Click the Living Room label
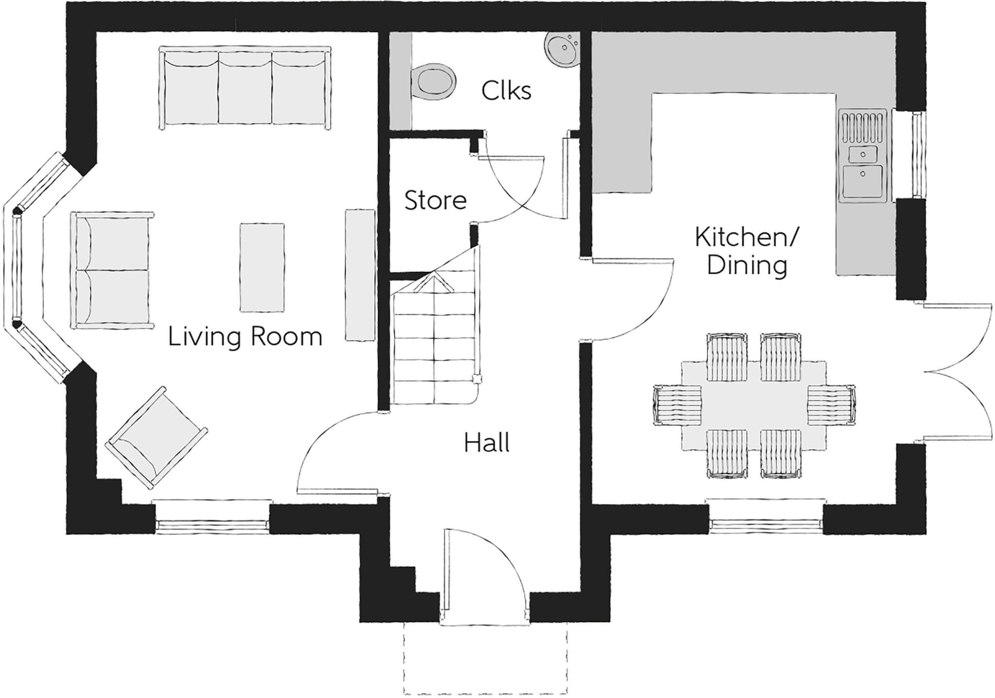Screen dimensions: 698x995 point(245,337)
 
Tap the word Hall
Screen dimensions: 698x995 point(486,443)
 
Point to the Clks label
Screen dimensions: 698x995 point(506,90)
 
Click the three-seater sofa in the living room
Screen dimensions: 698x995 point(245,87)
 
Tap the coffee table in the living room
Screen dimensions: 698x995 point(262,267)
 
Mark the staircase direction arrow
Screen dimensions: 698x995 point(433,282)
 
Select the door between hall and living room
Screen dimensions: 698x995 point(335,452)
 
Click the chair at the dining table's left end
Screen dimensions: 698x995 point(678,404)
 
